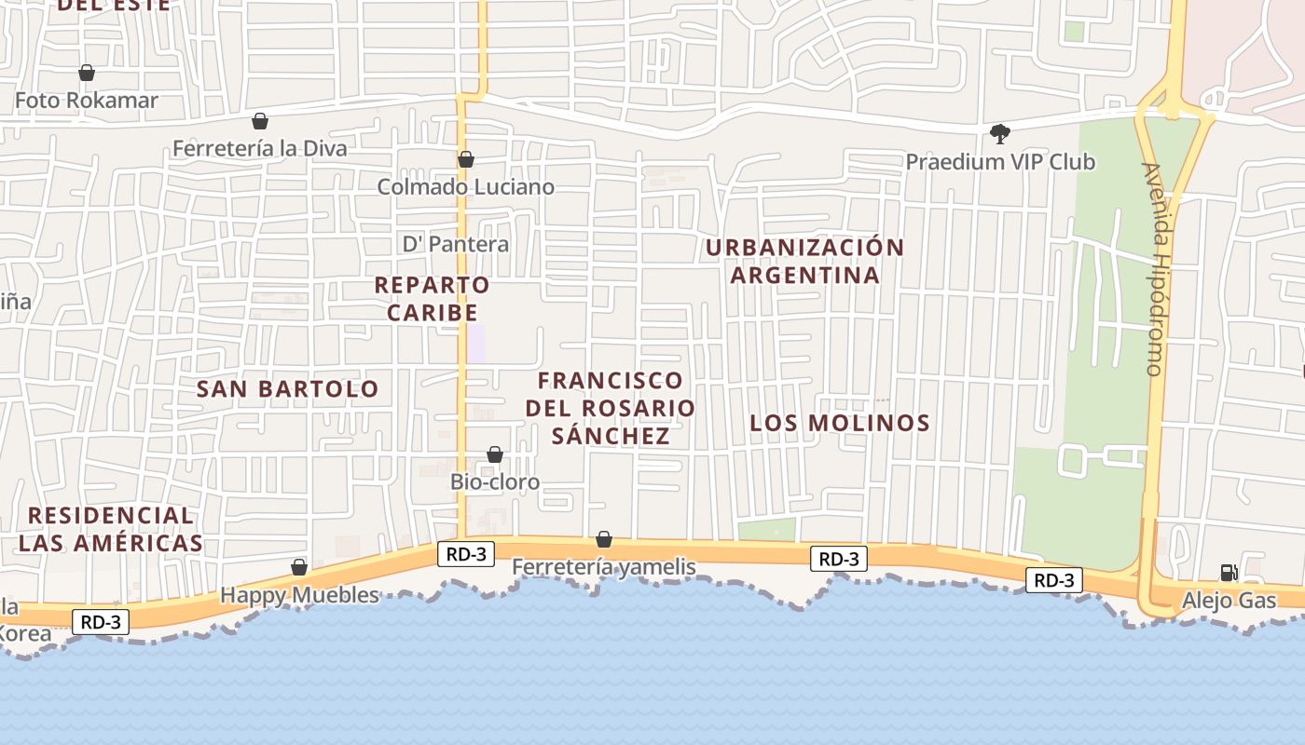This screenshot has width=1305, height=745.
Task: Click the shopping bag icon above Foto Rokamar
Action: [x=87, y=73]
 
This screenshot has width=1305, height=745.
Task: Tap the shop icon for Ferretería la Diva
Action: [x=260, y=121]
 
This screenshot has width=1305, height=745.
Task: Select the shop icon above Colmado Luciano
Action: [x=466, y=160]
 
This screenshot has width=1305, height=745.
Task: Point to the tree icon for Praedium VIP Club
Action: [x=1000, y=134]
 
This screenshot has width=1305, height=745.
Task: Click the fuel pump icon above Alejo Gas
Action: [x=1229, y=572]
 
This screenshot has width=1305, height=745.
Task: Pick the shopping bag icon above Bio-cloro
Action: [x=495, y=454]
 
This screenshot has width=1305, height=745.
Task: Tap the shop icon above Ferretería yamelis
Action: [x=604, y=539]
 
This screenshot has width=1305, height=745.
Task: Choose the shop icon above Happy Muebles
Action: [x=299, y=567]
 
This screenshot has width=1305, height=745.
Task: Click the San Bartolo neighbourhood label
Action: [x=288, y=389]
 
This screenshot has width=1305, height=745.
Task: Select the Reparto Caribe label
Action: [x=433, y=298]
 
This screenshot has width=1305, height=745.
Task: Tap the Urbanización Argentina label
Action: [x=805, y=261]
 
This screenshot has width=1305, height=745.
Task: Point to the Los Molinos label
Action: [x=840, y=423]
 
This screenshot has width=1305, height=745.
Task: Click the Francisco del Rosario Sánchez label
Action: [x=611, y=408]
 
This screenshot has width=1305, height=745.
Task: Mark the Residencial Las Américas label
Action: [x=111, y=529]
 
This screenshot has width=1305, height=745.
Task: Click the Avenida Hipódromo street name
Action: [x=1154, y=270]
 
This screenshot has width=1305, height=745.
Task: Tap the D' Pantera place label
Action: [x=456, y=244]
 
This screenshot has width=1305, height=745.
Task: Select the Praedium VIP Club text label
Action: [x=1000, y=162]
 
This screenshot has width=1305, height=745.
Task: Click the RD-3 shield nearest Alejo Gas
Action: [x=1054, y=580]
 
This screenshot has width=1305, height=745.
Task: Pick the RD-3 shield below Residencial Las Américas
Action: [x=101, y=622]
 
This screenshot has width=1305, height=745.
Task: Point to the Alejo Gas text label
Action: [x=1229, y=601]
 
